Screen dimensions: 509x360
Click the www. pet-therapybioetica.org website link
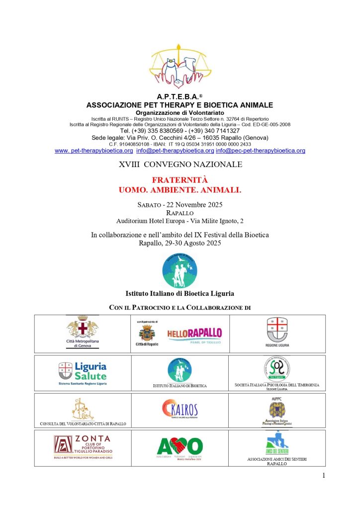click(x=94, y=151)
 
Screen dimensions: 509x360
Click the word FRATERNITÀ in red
click(x=180, y=180)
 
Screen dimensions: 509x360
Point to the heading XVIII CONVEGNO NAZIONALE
click(x=180, y=164)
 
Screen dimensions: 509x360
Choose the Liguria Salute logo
click(x=83, y=372)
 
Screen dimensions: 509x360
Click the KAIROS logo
click(x=180, y=411)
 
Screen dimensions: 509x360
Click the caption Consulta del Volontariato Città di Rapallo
click(x=83, y=424)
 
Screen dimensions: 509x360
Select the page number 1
click(x=323, y=476)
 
